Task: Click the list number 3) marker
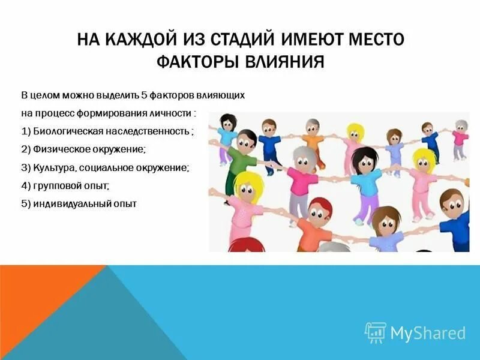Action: [26, 167]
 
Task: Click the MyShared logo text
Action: [428, 333]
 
